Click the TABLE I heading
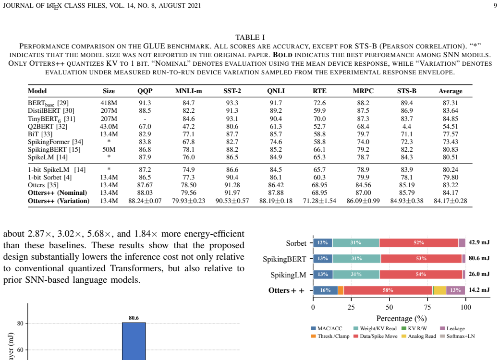coord(250,37)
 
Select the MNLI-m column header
coord(188,91)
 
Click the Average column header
coord(450,91)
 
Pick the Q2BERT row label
coord(48,126)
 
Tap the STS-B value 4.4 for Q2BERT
coord(406,126)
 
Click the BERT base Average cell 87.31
coord(450,103)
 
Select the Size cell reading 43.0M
coord(109,126)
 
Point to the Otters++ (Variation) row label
coord(59,201)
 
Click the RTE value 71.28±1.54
coord(319,201)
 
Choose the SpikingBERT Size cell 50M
coord(109,149)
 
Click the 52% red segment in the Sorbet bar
coord(419,243)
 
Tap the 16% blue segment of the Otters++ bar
coord(325,290)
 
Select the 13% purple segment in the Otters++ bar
coord(455,290)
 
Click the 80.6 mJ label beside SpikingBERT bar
coord(479,258)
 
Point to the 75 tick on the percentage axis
coord(427,307)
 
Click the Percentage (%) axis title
coord(402,319)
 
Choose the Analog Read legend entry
coord(419,336)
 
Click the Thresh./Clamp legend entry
coord(330,336)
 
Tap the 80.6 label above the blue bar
coord(134,318)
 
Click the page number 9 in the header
coord(495,5)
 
